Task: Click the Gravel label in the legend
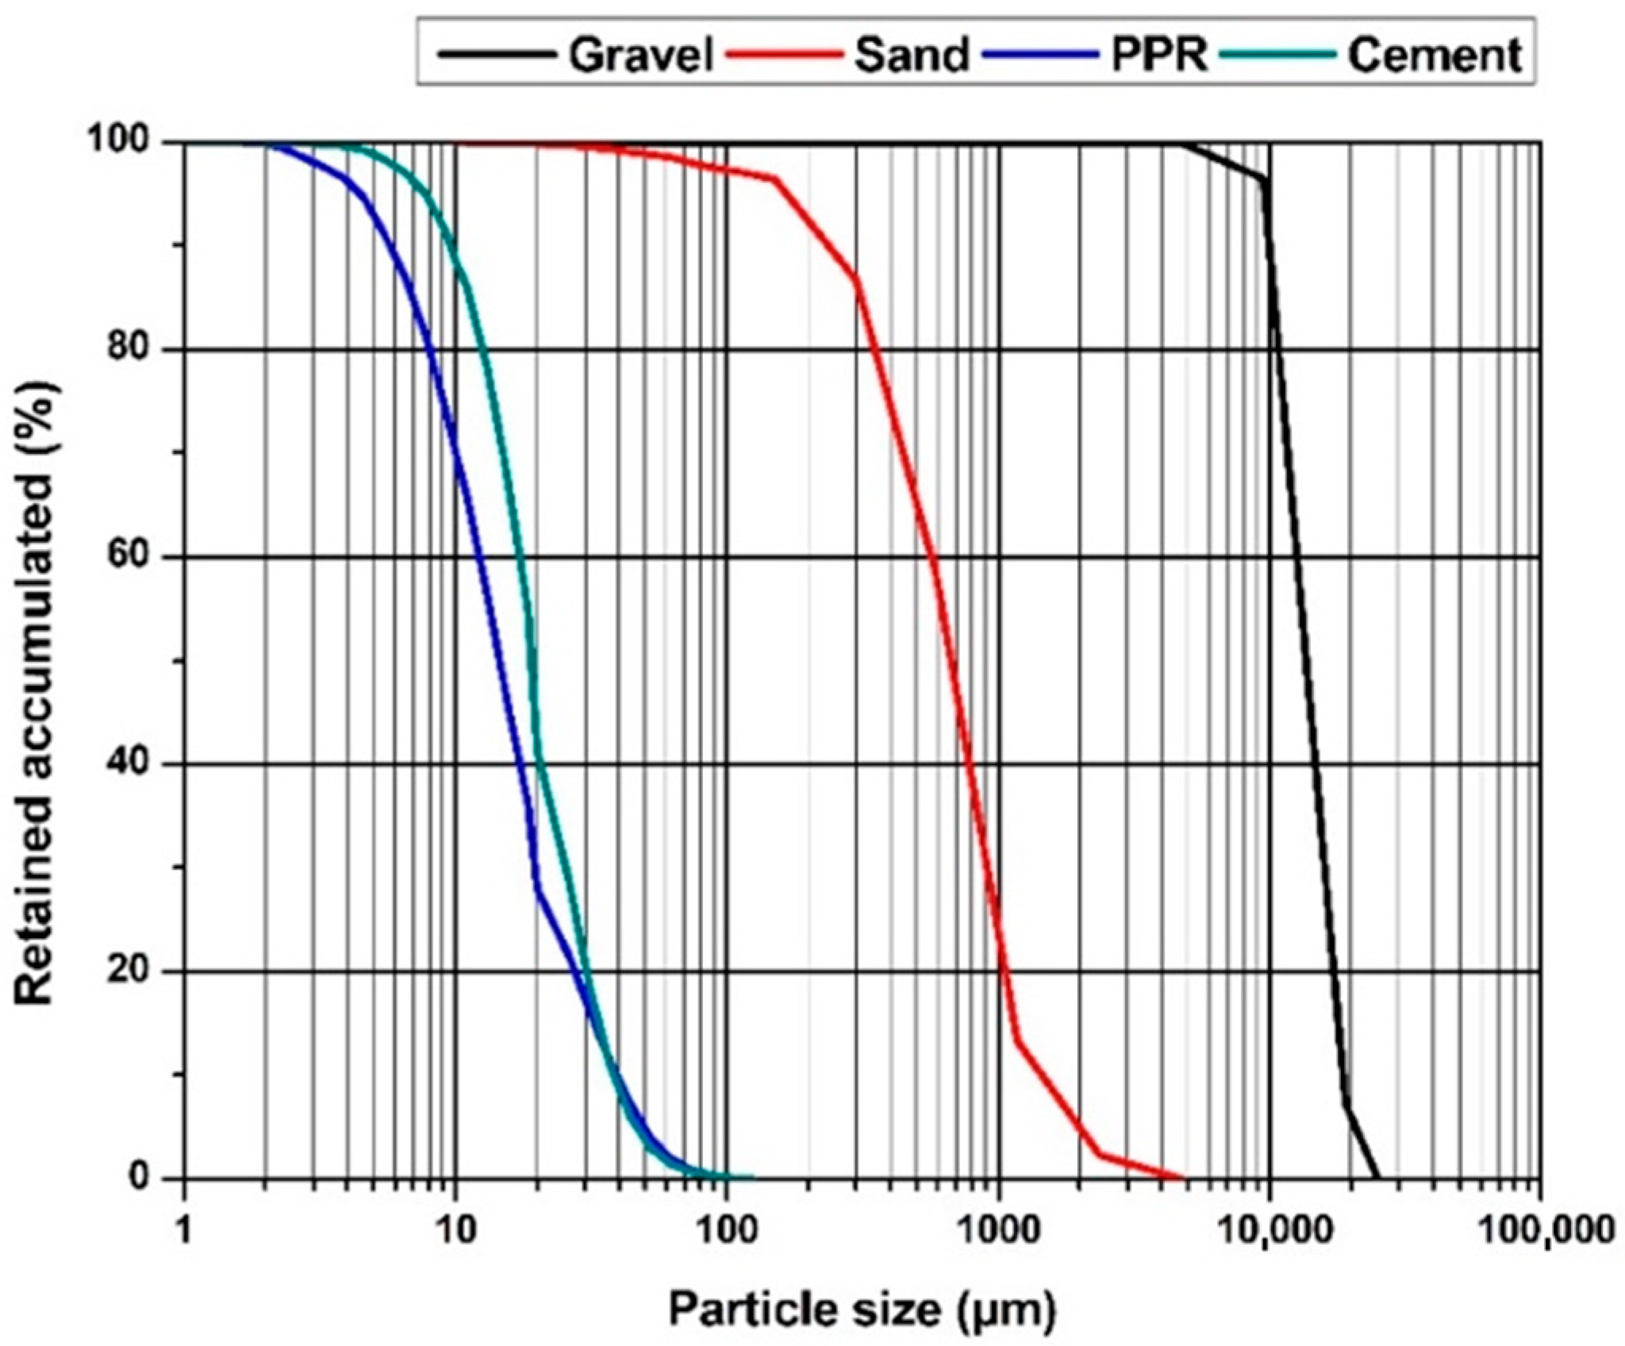tap(642, 56)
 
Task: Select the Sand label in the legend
tap(912, 56)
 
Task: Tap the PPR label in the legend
tap(1159, 56)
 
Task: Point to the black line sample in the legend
tap(499, 56)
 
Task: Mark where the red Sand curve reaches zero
tap(1184, 1178)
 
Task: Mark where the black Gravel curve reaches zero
tap(1379, 1178)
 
